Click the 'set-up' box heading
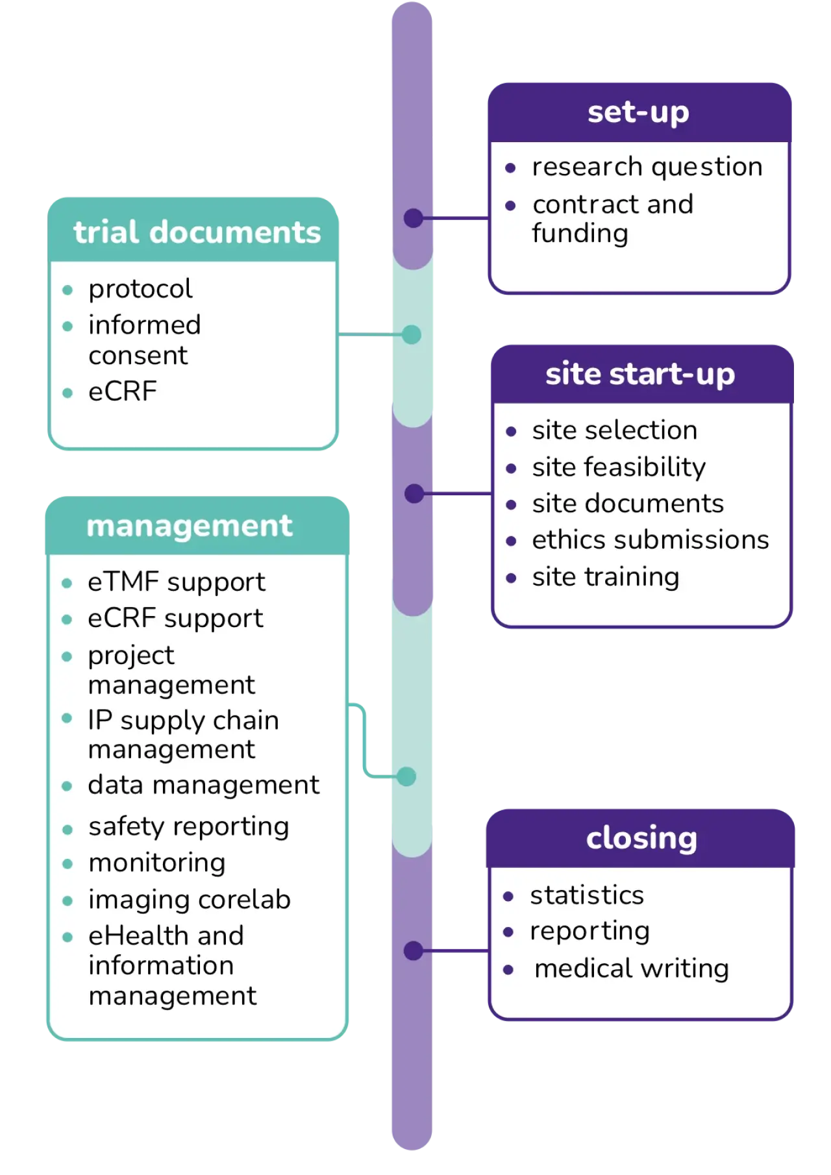coord(638,112)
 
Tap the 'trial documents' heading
coord(197,232)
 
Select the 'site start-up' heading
coord(640,375)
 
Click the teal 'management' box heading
coord(190,526)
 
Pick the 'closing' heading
coord(641,838)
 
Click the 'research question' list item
coord(647,167)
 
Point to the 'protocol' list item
coord(140,289)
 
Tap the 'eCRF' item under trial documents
coord(123,391)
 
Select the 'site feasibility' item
coord(619,467)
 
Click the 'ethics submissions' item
coord(651,540)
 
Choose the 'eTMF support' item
coord(177,582)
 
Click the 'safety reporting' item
coord(189,827)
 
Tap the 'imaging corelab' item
coord(190,900)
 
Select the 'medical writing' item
coord(632,969)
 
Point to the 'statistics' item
coord(587,895)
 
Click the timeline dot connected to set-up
coord(414,218)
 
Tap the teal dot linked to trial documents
coord(412,335)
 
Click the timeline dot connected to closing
coord(414,951)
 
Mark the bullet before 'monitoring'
coord(68,864)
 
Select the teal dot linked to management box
coord(406,776)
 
